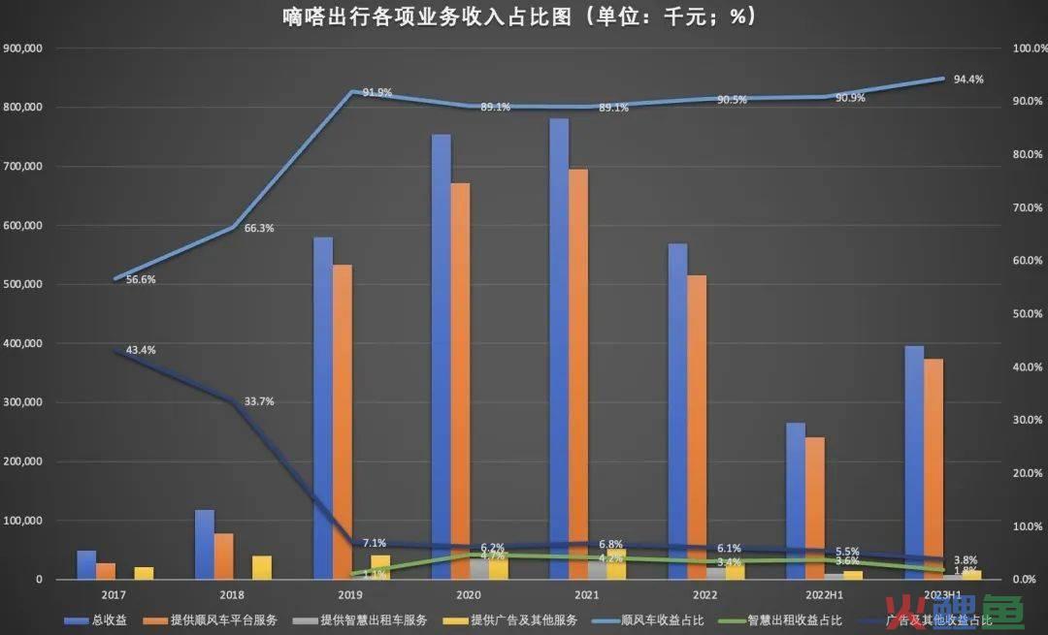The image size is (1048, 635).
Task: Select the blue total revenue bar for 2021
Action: [559, 349]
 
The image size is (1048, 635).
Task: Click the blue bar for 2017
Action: [86, 565]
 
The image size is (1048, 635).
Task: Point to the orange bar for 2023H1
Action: [933, 469]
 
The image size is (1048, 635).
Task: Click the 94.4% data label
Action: [968, 79]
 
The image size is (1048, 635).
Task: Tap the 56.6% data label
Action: [140, 280]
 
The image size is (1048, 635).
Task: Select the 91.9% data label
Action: [377, 93]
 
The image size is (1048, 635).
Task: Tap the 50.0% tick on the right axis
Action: [1027, 314]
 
